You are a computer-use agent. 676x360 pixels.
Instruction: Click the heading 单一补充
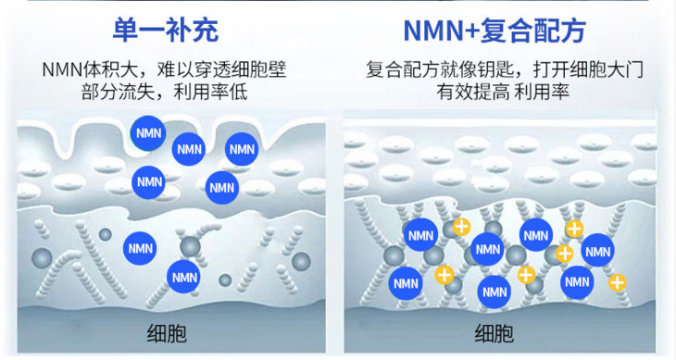coord(165,31)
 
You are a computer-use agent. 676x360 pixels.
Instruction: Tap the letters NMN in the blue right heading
coord(433,31)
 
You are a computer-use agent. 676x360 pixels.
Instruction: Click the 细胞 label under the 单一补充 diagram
coord(167,333)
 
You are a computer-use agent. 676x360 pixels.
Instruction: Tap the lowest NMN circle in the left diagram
coord(182,275)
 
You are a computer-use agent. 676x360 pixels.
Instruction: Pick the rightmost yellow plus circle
coord(617,282)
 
